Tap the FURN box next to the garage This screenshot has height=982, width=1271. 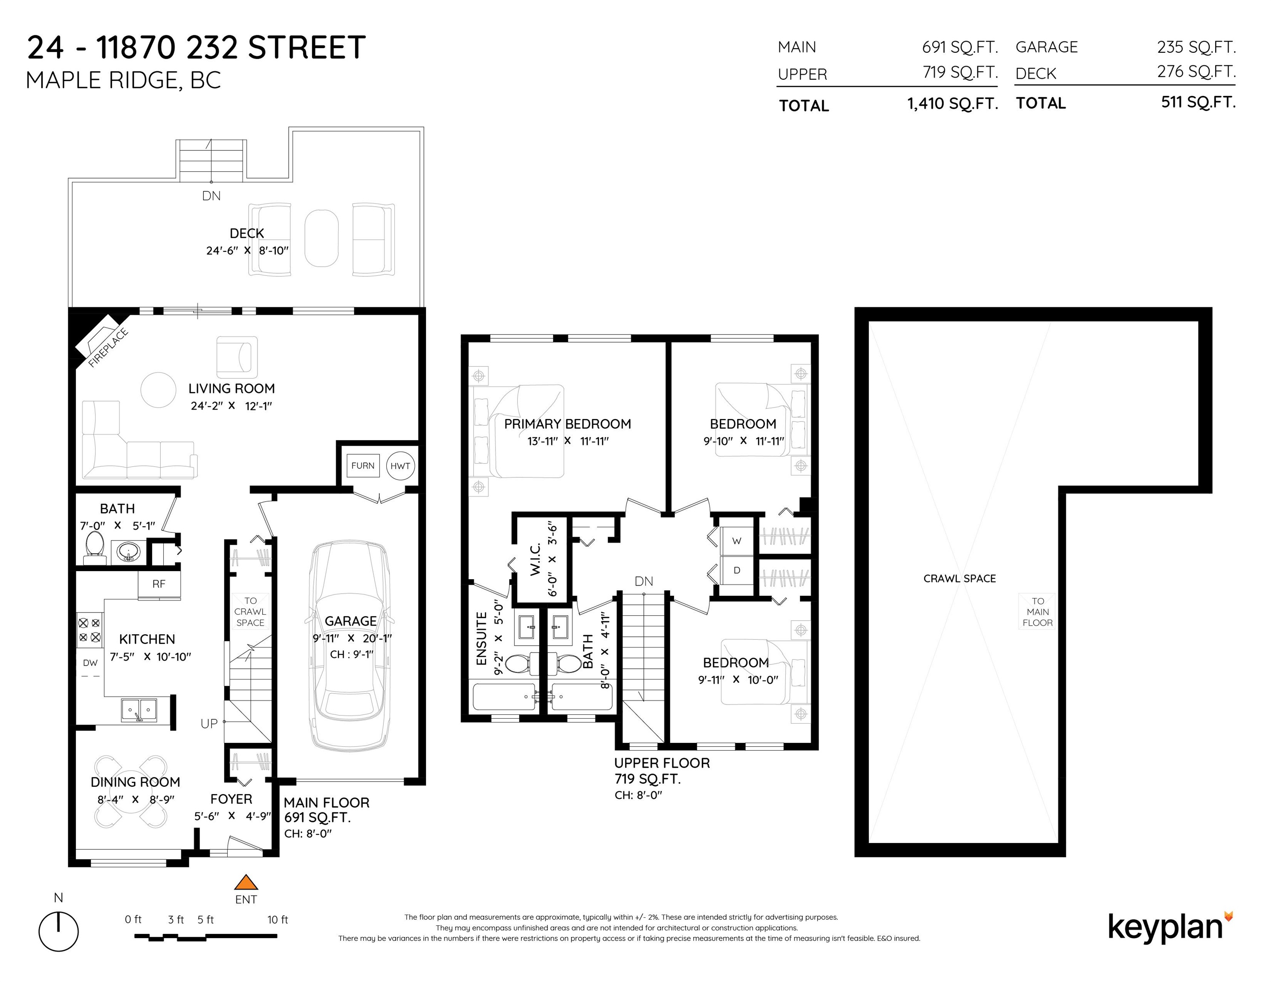[362, 465]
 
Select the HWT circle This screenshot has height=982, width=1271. [400, 465]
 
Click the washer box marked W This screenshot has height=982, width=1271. [737, 540]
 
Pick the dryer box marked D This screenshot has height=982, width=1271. [737, 570]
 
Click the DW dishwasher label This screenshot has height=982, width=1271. [90, 663]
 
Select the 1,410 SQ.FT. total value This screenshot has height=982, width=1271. [952, 104]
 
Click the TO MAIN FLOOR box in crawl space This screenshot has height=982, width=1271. [1038, 612]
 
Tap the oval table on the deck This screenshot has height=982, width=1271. [321, 238]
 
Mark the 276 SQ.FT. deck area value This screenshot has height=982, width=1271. [1196, 72]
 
